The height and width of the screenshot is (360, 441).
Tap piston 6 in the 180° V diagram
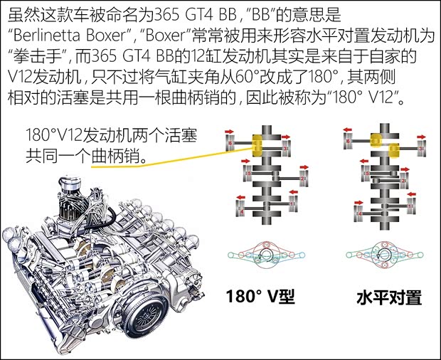pyautogui.click(x=230, y=145)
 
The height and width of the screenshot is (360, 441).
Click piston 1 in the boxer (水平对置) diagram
pyautogui.click(x=410, y=211)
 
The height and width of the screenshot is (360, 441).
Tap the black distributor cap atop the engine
pyautogui.click(x=70, y=187)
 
